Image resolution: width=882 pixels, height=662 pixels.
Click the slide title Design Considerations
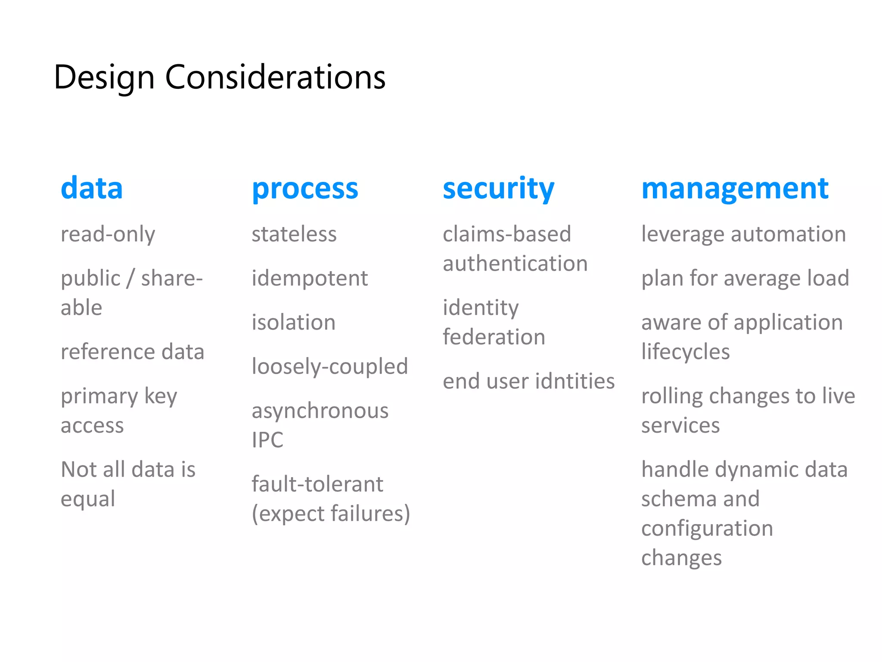click(x=220, y=78)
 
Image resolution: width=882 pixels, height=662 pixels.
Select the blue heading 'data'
click(x=92, y=188)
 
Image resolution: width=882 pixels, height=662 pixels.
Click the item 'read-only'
click(x=108, y=234)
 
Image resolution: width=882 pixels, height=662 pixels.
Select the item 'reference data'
click(x=132, y=352)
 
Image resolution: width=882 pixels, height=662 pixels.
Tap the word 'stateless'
click(x=294, y=234)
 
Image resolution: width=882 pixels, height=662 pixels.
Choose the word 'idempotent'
click(x=310, y=278)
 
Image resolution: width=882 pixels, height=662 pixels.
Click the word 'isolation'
click(x=294, y=322)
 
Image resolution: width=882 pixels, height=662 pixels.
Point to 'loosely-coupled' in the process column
click(x=329, y=367)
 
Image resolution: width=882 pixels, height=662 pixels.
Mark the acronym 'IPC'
click(x=267, y=440)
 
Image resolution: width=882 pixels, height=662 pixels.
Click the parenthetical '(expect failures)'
click(x=331, y=514)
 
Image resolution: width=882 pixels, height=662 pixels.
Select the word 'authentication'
click(x=515, y=263)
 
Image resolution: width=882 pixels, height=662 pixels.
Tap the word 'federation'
click(x=494, y=337)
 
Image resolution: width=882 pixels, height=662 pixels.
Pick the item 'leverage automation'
click(x=743, y=234)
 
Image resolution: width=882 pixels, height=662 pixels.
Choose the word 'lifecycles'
click(x=685, y=352)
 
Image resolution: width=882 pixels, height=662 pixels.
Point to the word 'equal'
click(x=88, y=499)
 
